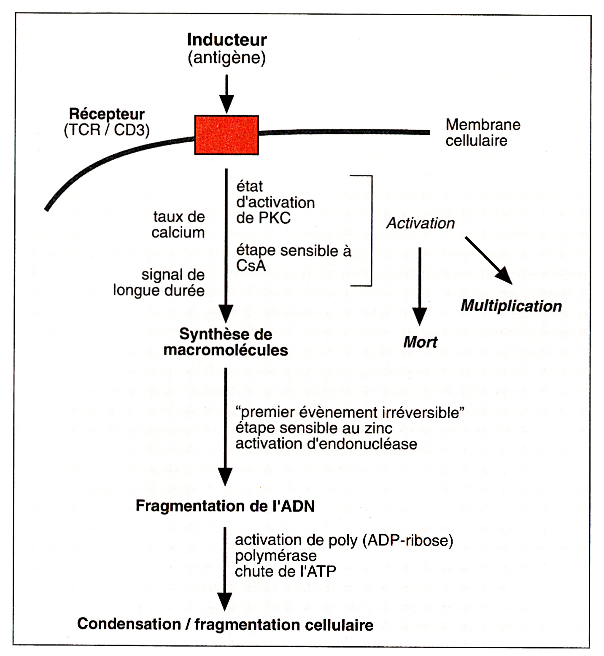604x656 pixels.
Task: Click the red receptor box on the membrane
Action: tap(227, 135)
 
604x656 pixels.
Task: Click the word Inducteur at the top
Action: tap(227, 40)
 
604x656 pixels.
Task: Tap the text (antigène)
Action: tap(227, 57)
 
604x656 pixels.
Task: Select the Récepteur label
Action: tap(107, 114)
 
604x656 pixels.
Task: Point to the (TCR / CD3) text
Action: tap(107, 130)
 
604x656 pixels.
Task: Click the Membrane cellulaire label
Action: tap(483, 132)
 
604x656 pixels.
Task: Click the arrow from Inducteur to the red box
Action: tap(227, 94)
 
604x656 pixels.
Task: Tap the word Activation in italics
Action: tap(421, 223)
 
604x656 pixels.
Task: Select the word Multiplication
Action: tap(511, 306)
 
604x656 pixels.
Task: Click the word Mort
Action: tap(420, 342)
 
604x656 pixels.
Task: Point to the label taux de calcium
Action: tap(178, 225)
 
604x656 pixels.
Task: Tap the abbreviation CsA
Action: tap(251, 266)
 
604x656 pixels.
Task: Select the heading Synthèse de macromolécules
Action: tap(226, 342)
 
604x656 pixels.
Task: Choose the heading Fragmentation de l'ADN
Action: tap(225, 506)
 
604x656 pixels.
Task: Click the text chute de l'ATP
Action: tap(285, 571)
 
